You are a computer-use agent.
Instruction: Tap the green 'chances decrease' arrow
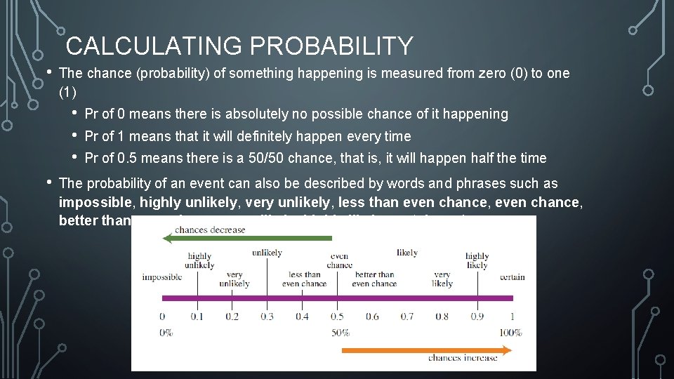(246, 239)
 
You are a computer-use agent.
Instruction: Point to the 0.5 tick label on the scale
(338, 317)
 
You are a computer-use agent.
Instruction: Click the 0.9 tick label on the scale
(477, 317)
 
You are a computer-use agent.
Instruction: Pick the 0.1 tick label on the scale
(197, 317)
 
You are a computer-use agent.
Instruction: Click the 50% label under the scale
(341, 332)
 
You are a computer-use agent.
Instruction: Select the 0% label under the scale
(165, 332)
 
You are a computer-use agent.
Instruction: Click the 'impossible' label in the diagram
(161, 277)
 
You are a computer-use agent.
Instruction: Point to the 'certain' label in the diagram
(512, 277)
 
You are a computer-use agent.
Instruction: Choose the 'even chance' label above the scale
(339, 261)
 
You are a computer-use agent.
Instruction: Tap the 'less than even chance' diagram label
(304, 279)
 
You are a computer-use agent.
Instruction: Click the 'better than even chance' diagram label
(374, 279)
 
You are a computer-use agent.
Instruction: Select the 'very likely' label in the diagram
(442, 279)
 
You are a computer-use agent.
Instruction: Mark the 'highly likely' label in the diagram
(477, 261)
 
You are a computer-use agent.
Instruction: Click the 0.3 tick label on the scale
(267, 317)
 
